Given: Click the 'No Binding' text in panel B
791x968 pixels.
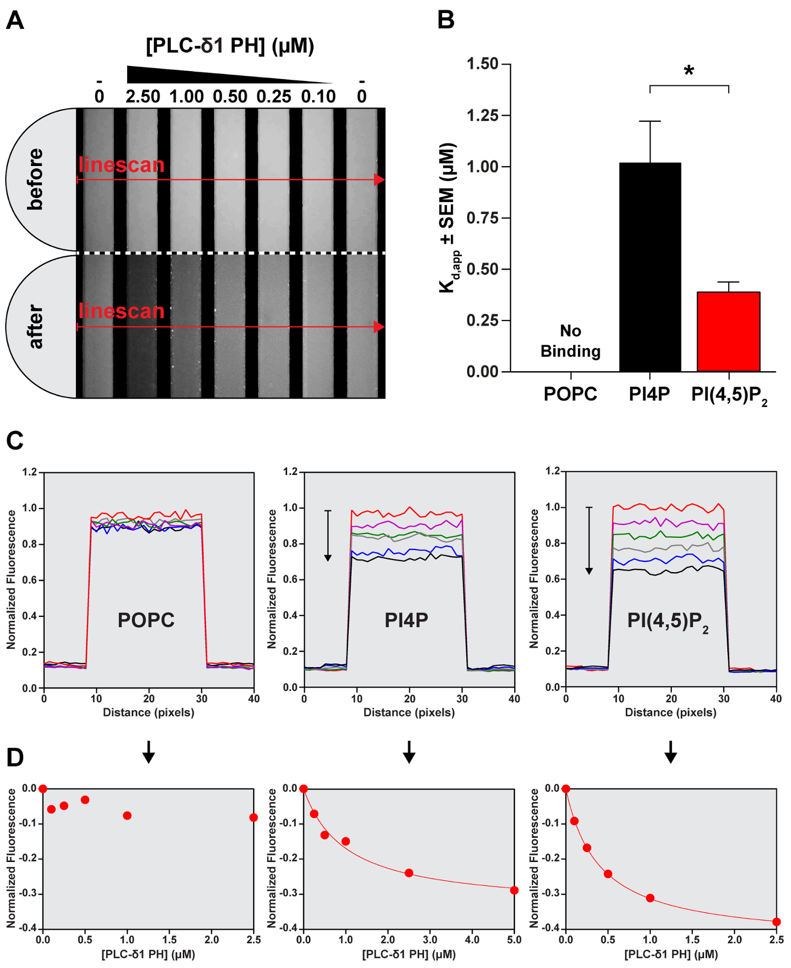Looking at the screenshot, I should point(571,341).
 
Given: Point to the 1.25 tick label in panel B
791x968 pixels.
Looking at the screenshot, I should point(482,115).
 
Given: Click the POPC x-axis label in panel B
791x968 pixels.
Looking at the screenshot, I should point(570,394).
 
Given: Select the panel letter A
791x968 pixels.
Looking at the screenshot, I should point(15,21).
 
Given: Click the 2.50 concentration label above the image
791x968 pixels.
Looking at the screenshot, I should point(143,97).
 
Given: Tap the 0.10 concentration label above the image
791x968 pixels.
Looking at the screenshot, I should point(319,97).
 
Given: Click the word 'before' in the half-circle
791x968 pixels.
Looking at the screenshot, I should point(35,179).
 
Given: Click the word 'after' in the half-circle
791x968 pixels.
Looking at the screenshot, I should point(35,327).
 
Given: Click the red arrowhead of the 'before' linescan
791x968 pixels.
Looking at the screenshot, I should point(379,180).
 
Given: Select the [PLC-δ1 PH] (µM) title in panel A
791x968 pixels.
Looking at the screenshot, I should point(230,46).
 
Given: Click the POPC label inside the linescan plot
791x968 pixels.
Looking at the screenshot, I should point(146,620).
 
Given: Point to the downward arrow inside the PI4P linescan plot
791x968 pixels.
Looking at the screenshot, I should point(327,535).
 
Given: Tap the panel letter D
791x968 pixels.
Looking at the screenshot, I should point(15,757).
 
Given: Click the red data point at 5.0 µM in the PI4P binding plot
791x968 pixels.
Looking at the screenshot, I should point(514,890).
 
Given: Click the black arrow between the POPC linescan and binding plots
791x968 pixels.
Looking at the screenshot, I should point(149,752).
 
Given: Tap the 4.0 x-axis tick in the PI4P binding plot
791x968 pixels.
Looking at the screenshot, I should point(472,940).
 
